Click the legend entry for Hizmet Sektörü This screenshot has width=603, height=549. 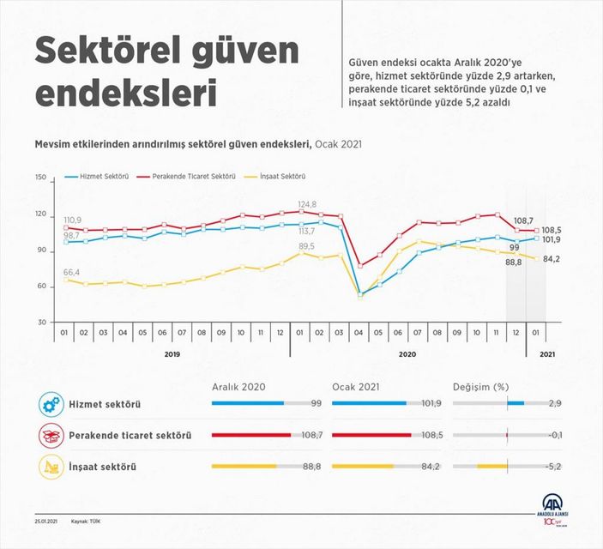102,176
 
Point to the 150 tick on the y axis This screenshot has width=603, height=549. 40,178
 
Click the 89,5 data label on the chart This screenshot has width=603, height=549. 306,246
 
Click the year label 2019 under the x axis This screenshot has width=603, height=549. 172,353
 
